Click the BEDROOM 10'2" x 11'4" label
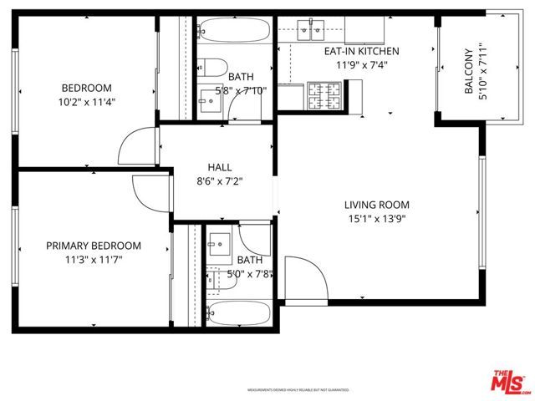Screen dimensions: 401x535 [86, 95]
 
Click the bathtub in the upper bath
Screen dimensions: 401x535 [233, 33]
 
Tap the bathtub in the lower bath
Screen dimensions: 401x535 [238, 312]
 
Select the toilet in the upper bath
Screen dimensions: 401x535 [213, 69]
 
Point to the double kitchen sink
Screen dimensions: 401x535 [310, 29]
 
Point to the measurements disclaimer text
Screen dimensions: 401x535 [297, 390]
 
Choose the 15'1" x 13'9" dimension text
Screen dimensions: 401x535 [376, 219]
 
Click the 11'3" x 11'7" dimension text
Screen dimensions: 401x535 [93, 260]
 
